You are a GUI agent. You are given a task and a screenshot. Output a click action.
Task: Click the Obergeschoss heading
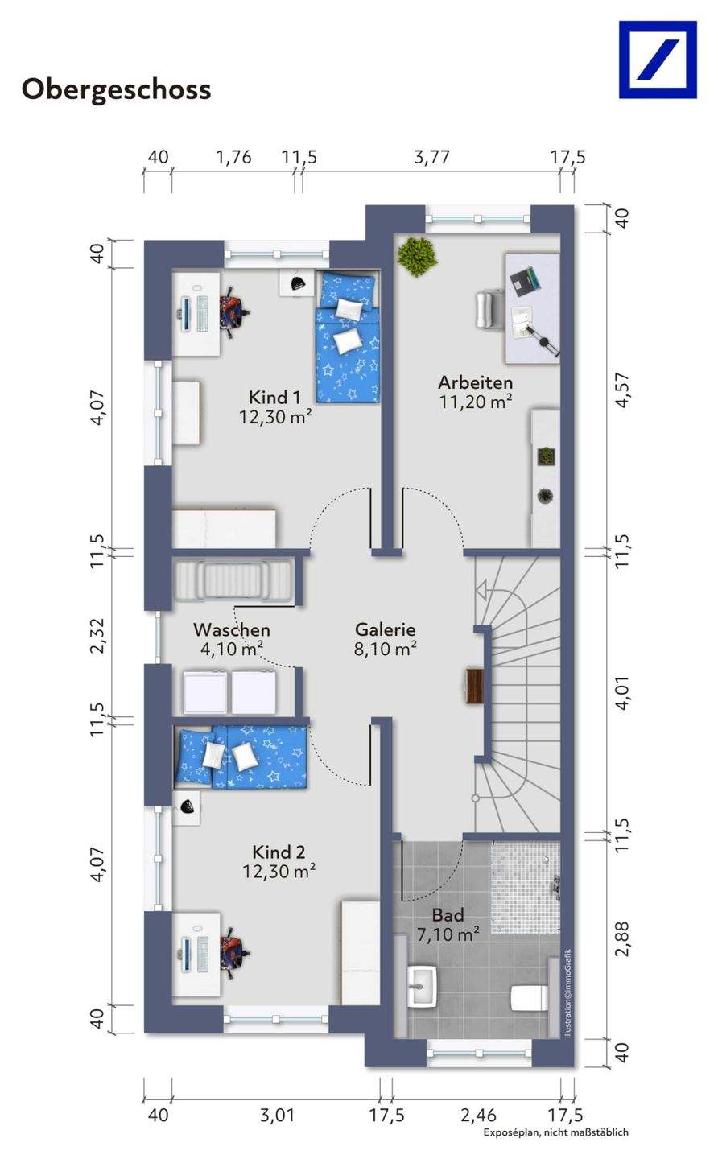116,90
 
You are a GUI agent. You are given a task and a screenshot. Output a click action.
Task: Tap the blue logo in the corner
658,60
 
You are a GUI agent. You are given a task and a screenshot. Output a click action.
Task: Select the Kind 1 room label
274,398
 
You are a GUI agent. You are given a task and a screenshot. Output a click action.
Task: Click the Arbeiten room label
476,382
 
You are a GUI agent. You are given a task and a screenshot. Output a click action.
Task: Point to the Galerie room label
386,629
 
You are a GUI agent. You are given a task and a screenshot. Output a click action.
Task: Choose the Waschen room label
232,629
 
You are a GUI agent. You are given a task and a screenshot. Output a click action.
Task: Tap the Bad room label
448,915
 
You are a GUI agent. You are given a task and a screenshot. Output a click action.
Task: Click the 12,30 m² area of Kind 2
279,872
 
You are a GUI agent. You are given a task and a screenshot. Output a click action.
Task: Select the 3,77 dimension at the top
432,157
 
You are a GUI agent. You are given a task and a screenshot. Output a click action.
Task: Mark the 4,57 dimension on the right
623,390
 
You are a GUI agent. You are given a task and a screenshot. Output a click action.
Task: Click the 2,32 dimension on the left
97,636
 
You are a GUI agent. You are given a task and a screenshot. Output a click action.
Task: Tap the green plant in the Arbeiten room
417,256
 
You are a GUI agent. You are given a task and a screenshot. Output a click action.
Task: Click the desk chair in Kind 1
233,313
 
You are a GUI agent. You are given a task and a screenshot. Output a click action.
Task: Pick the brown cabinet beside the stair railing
475,686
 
